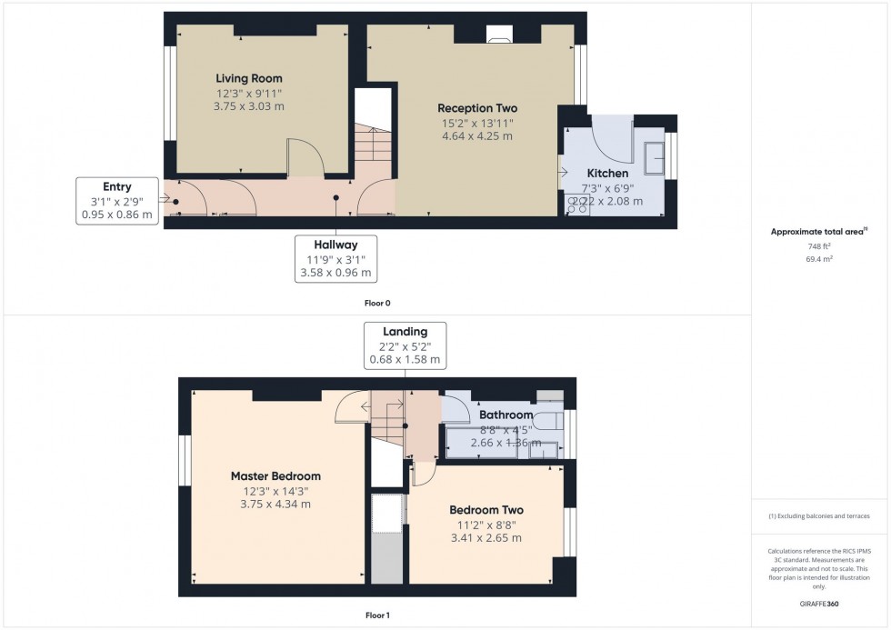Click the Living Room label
(248, 79)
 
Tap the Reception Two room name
(476, 108)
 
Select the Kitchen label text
(606, 174)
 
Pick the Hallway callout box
(335, 259)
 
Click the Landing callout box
(405, 345)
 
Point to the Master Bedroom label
(275, 476)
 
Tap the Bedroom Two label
(486, 510)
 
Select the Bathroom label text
(506, 415)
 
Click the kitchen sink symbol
(654, 160)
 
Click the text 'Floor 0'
(377, 303)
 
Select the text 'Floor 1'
(376, 615)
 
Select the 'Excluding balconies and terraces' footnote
(820, 516)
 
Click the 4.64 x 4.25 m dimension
(476, 136)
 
